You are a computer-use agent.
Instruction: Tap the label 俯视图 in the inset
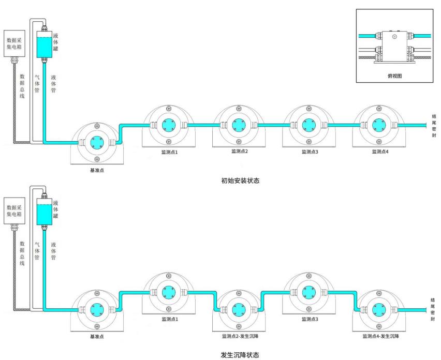(x=395, y=76)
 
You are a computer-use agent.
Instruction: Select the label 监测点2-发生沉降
(x=240, y=336)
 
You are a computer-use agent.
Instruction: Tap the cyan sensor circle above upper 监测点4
(x=379, y=125)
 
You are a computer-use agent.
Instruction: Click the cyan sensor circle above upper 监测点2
(x=238, y=125)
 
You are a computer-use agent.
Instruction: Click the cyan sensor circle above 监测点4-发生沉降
(x=379, y=309)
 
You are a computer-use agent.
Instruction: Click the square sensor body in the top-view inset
(x=394, y=43)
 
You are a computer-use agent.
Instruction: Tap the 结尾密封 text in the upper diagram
(x=433, y=126)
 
